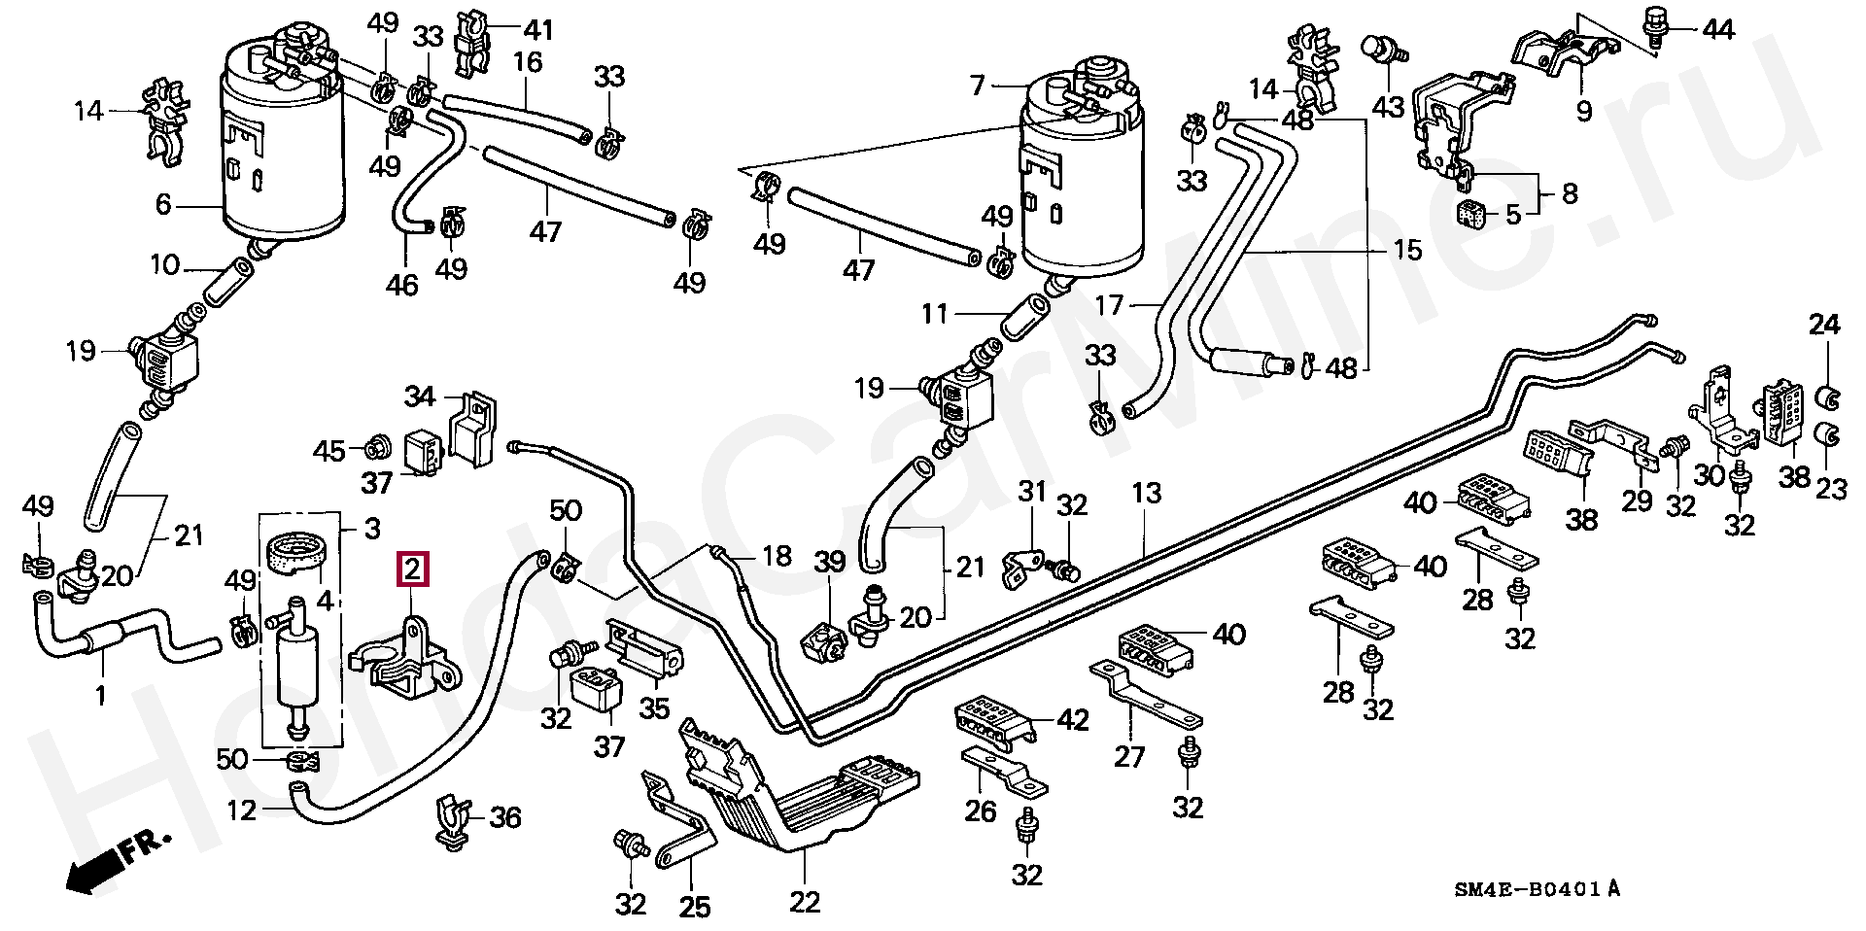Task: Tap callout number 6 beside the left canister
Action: [x=163, y=205]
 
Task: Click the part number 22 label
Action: [x=805, y=903]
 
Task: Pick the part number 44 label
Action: [x=1717, y=30]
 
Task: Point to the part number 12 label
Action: [x=241, y=809]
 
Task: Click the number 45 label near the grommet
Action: [x=329, y=451]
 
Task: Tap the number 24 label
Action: [x=1824, y=325]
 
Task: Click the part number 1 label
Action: [x=100, y=695]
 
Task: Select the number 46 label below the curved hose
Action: [x=401, y=285]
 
